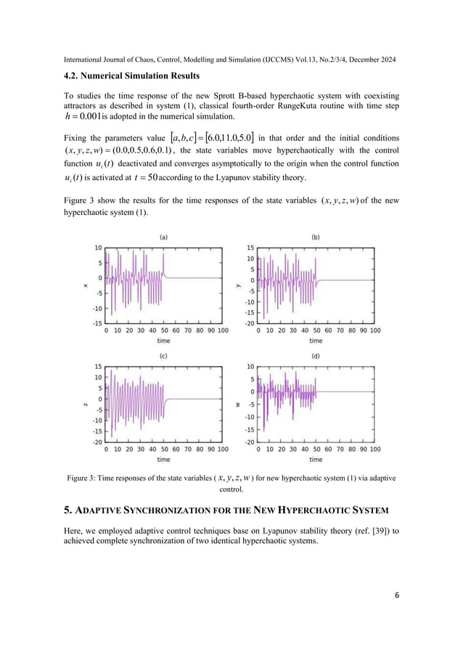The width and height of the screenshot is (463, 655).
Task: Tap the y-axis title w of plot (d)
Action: pos(238,404)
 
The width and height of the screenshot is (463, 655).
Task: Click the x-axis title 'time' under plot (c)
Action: pos(164,459)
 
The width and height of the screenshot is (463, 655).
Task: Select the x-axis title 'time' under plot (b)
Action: pos(316,341)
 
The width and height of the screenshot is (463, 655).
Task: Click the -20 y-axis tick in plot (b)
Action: pos(249,323)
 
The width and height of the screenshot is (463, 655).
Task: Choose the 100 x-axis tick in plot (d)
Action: pos(374,449)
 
